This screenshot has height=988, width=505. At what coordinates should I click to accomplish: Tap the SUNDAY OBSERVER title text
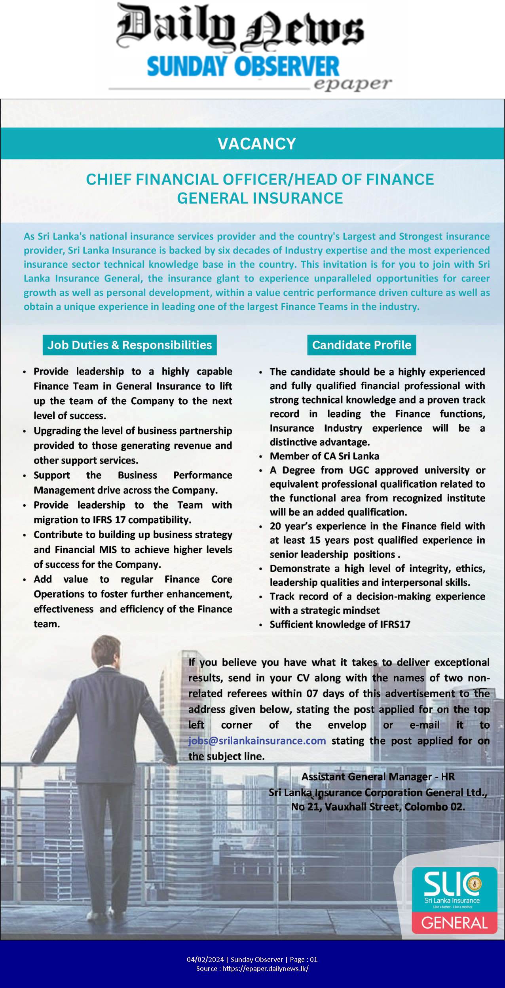click(x=243, y=67)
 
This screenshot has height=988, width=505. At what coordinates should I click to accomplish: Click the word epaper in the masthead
click(x=352, y=84)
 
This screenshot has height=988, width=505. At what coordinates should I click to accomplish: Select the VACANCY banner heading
click(x=257, y=143)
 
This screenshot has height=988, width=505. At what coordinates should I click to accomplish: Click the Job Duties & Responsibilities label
click(x=129, y=345)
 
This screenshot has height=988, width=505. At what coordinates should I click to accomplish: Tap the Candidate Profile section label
click(x=361, y=345)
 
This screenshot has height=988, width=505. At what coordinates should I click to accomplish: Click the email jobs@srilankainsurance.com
click(x=257, y=740)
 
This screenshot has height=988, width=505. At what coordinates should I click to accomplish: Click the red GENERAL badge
click(x=454, y=923)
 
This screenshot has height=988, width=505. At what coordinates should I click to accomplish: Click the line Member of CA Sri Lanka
click(x=324, y=456)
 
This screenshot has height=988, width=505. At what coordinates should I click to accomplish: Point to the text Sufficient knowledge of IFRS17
click(x=340, y=624)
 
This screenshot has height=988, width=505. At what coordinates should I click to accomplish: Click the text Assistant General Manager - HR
click(x=378, y=777)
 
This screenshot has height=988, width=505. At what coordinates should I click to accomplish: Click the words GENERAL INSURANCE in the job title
click(x=260, y=198)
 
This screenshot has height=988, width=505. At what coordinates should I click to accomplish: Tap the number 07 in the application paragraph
click(x=312, y=693)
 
